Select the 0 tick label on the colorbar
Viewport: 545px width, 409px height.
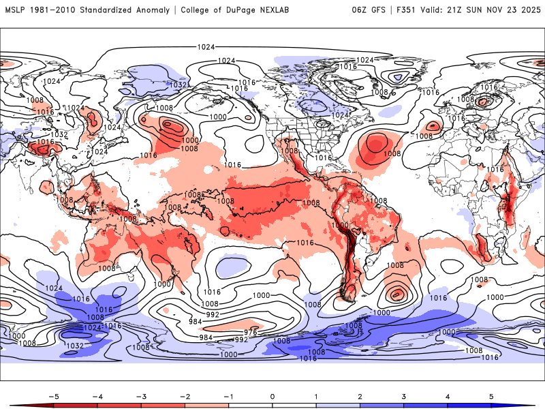[x=272, y=396]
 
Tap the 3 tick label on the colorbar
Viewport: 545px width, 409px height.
[x=404, y=396]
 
